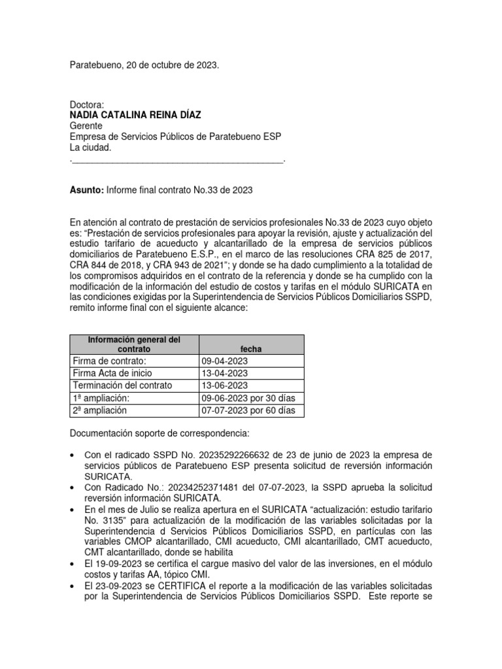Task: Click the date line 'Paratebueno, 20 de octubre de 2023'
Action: [x=144, y=66]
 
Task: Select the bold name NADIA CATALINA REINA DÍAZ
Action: [x=135, y=115]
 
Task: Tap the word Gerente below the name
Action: [x=88, y=126]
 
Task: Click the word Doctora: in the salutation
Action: [x=87, y=105]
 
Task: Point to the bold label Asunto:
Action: [x=86, y=190]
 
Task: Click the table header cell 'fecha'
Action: [x=251, y=350]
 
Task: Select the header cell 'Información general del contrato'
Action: [x=133, y=344]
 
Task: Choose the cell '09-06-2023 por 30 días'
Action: [x=249, y=399]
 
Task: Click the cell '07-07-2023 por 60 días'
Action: [x=249, y=411]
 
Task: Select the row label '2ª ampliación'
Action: [x=100, y=411]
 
